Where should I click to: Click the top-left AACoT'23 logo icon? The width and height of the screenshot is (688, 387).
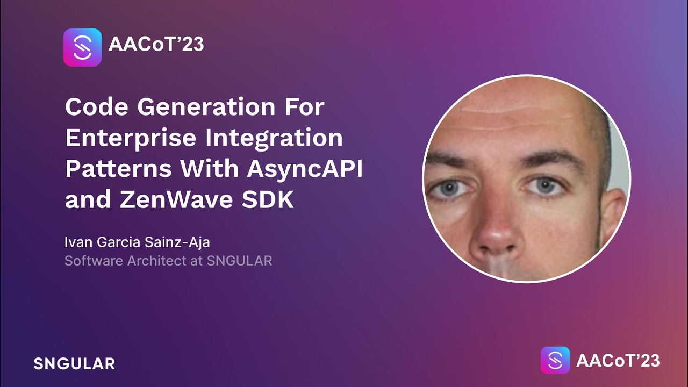82,47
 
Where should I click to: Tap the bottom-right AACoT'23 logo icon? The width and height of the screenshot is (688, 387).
555,361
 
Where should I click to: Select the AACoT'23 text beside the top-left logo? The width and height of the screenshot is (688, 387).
156,45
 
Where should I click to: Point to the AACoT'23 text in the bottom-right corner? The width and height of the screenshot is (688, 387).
618,361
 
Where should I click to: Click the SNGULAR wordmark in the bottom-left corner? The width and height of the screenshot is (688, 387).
74,363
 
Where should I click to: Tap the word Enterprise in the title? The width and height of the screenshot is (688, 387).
130,138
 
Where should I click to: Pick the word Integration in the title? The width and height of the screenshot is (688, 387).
274,138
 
